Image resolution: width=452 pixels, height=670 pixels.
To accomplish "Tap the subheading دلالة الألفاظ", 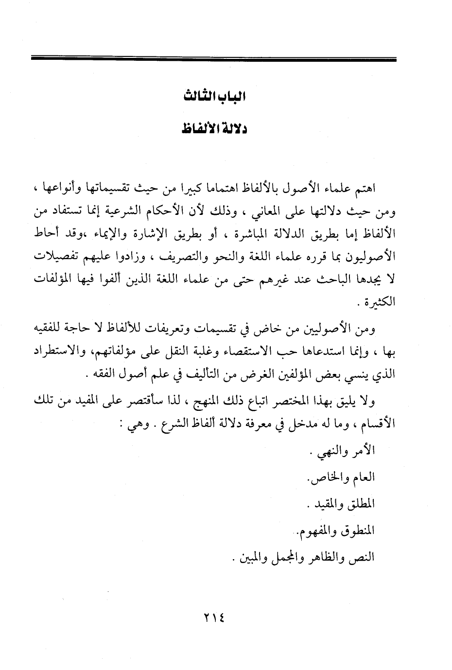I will tap(214, 130).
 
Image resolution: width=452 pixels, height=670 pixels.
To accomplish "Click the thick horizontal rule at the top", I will tap(213, 59).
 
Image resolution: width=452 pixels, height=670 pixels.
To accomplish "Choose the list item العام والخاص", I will tap(342, 477).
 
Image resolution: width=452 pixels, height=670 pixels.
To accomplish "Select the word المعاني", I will tap(252, 212).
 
